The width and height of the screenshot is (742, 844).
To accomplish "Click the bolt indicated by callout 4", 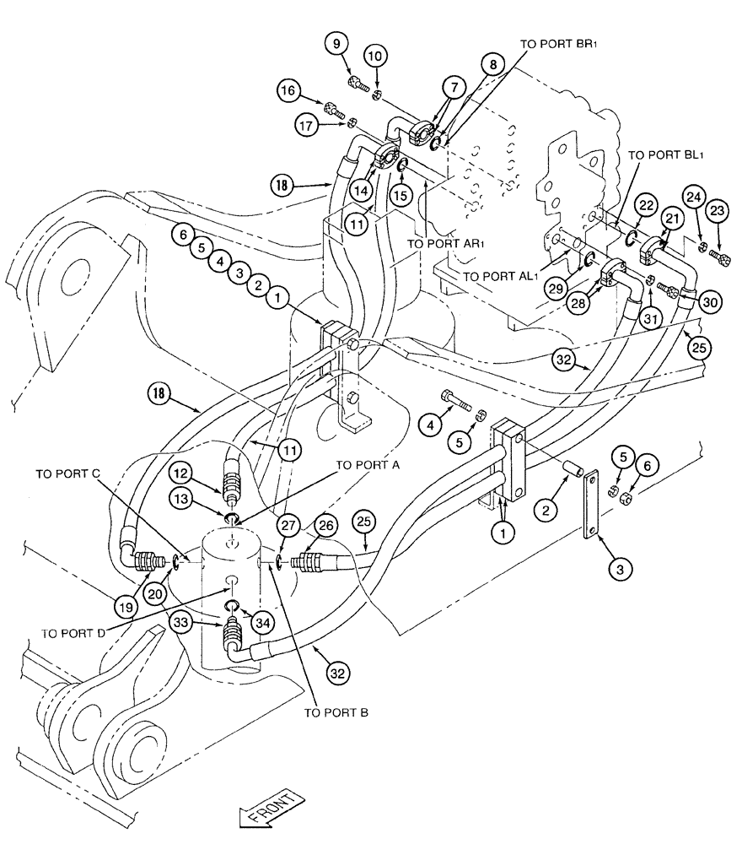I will [458, 398].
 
